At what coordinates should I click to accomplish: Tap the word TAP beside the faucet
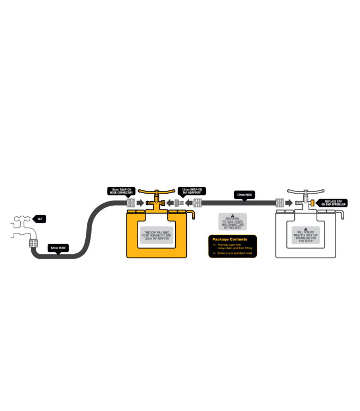(40, 219)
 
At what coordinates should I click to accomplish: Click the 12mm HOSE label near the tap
(58, 248)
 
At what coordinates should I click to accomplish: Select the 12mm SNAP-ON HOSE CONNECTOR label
(121, 191)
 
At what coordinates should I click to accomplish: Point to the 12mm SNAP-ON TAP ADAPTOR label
(192, 191)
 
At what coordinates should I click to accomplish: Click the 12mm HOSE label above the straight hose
(245, 195)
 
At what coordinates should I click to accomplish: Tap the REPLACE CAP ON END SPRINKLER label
(334, 203)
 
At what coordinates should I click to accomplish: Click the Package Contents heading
(230, 239)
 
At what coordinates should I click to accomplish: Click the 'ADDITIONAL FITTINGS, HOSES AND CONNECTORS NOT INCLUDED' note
(233, 223)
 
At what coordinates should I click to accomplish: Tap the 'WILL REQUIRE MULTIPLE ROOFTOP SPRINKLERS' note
(305, 236)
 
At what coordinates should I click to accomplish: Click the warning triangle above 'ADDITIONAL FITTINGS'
(233, 215)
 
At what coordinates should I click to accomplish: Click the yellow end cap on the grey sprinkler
(313, 203)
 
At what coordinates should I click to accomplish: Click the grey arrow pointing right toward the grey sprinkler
(289, 203)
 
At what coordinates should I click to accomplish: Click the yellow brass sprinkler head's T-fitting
(156, 202)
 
